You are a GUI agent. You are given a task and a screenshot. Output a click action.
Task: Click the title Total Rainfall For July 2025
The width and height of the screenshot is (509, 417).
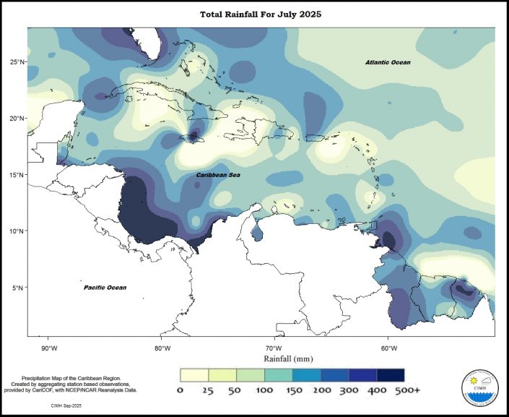(x=253, y=14)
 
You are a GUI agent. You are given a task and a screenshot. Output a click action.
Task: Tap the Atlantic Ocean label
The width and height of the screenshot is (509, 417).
(x=388, y=63)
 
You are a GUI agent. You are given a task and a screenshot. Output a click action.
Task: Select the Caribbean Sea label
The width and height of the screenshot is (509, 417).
(x=219, y=176)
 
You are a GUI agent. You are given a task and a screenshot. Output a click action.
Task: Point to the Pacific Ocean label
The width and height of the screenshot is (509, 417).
(x=105, y=288)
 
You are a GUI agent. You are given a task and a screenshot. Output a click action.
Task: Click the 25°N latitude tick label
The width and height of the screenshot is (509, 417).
(x=17, y=61)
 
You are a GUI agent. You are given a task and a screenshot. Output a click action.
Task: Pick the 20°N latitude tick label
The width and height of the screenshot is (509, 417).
(x=17, y=118)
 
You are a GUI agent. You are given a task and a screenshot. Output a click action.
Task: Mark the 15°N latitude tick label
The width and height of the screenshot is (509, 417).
(x=17, y=175)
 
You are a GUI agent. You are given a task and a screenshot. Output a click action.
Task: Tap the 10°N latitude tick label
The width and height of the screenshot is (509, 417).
(x=17, y=231)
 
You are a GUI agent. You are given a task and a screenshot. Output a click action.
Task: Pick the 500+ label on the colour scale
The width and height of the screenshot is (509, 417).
(x=408, y=391)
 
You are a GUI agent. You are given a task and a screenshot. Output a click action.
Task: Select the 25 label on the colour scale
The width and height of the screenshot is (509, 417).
(x=207, y=391)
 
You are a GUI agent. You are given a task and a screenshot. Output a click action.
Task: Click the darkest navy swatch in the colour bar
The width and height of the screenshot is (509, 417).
(x=390, y=375)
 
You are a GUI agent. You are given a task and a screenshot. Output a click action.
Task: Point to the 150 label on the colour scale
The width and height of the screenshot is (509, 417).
(x=292, y=391)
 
